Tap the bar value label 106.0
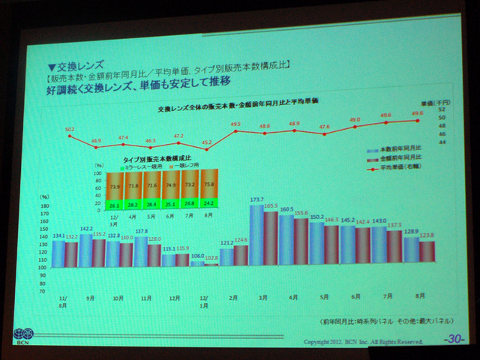[197, 255]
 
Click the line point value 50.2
[70, 129]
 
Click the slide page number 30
[453, 339]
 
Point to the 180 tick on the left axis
[44, 205]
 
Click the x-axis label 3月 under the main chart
[265, 298]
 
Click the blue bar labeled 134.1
[58, 253]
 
